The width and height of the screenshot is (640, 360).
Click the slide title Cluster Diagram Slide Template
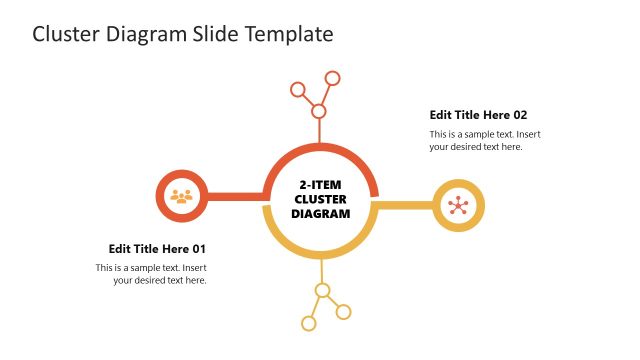click(x=182, y=34)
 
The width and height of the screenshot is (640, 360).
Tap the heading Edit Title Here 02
click(x=478, y=115)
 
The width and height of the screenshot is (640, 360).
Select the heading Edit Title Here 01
click(x=157, y=248)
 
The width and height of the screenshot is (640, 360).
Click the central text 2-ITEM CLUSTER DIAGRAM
click(x=320, y=199)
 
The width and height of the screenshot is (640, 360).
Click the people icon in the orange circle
click(x=181, y=196)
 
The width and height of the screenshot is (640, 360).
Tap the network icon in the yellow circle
click(x=458, y=206)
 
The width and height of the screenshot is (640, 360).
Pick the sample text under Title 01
click(x=151, y=274)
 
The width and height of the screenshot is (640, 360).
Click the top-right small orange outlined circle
click(x=333, y=78)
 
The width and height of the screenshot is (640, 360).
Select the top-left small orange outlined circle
click(x=297, y=89)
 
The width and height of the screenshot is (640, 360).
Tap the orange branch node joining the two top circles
click(x=319, y=111)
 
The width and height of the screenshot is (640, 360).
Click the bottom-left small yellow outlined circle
click(x=309, y=323)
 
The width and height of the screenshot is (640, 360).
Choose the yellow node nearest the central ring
click(x=322, y=291)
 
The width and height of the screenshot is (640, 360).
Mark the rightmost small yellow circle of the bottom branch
click(x=344, y=312)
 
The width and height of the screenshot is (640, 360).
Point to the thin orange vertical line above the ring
click(x=320, y=131)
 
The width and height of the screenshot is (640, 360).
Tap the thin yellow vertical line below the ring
click(x=321, y=271)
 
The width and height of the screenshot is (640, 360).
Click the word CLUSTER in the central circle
click(x=320, y=199)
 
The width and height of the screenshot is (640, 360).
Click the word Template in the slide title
click(x=290, y=34)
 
